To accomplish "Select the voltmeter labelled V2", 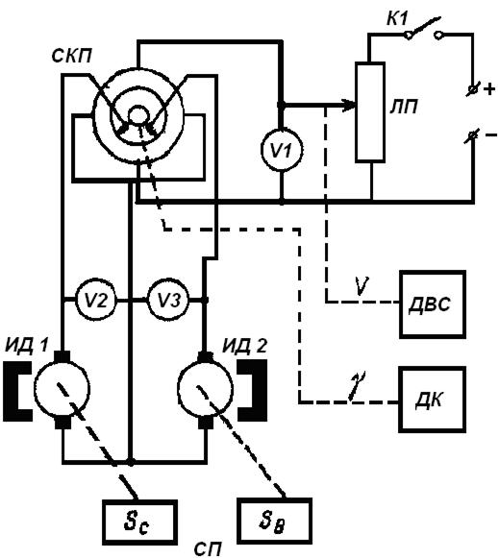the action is [x=96, y=301].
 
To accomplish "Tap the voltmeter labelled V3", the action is [x=168, y=301].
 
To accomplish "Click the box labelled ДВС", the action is [x=432, y=304].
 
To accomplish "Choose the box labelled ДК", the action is [x=432, y=400].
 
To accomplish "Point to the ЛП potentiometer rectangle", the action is [x=370, y=112].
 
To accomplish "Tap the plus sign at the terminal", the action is [x=488, y=88].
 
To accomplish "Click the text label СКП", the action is [x=71, y=57].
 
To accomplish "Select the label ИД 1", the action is [x=26, y=346].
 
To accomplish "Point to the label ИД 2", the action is [x=245, y=346].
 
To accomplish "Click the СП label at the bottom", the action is [x=208, y=548].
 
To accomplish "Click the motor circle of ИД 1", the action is [x=62, y=389].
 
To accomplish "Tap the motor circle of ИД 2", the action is [x=205, y=389].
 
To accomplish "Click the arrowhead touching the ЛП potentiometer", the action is [x=349, y=105].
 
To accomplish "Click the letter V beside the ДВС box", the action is [x=361, y=285].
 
